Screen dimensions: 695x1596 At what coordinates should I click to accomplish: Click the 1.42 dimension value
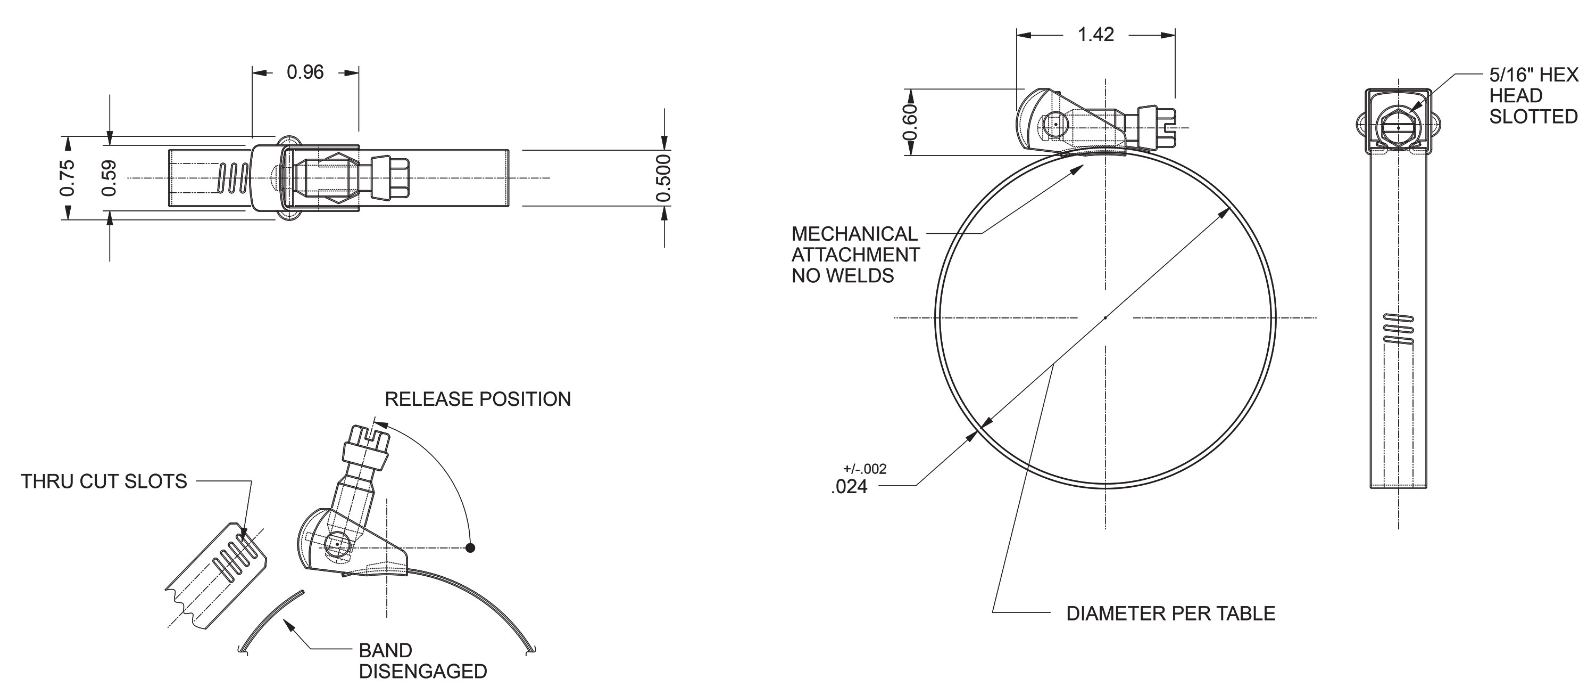(1095, 35)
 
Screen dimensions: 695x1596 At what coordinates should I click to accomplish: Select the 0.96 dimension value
(305, 72)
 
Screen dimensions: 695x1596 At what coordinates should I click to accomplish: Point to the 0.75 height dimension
(68, 178)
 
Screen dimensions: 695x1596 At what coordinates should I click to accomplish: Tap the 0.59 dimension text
(109, 178)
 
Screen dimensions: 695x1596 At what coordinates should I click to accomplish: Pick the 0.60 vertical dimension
(909, 122)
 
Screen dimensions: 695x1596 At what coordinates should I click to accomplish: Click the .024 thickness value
(850, 487)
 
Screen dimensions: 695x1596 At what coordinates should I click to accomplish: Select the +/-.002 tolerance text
(865, 469)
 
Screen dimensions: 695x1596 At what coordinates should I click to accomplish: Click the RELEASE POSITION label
(478, 399)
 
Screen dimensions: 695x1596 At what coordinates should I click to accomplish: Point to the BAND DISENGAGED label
(422, 661)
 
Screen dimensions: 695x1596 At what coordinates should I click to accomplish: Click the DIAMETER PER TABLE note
(1170, 614)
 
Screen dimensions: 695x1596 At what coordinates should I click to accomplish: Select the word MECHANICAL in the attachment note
(854, 234)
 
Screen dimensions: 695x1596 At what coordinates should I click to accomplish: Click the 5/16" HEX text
(1533, 75)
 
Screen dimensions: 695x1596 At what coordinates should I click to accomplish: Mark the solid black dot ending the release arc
(470, 547)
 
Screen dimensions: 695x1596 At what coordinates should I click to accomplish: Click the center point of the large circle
(1106, 318)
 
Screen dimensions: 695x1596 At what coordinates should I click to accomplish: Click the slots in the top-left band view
(233, 178)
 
